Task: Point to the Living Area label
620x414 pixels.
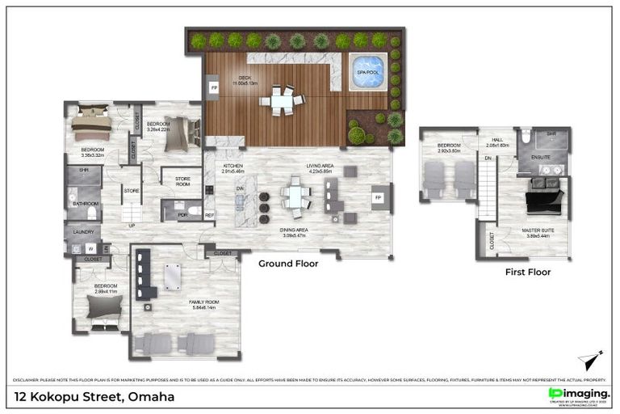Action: point(320,169)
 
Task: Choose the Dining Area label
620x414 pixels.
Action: point(293,232)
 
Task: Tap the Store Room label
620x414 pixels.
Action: point(177,182)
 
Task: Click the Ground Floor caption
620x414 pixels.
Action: point(288,264)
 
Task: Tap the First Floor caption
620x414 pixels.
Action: point(528,272)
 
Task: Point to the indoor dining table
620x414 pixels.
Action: point(295,196)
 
